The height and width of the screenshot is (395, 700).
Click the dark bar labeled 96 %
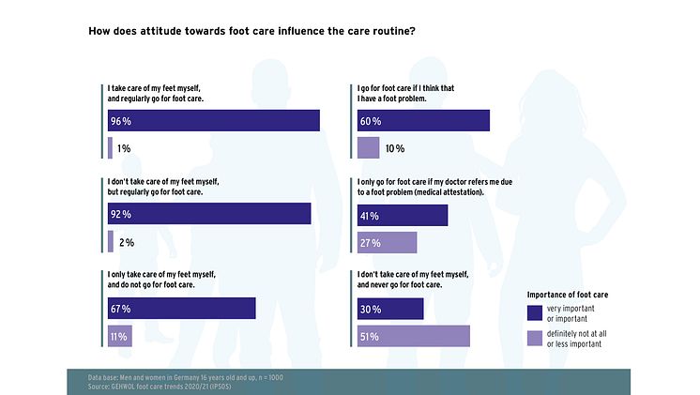214,121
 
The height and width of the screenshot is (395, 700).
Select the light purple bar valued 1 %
111,148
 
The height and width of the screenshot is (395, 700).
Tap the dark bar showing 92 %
209,215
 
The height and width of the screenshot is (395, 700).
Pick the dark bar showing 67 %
182,309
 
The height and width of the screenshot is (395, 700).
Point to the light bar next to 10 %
369,148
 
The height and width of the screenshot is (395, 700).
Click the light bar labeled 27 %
388,243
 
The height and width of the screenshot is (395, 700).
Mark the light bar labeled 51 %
414,336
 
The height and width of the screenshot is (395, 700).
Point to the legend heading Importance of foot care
568,294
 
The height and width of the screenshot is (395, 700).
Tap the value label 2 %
127,243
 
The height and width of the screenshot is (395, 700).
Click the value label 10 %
394,148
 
